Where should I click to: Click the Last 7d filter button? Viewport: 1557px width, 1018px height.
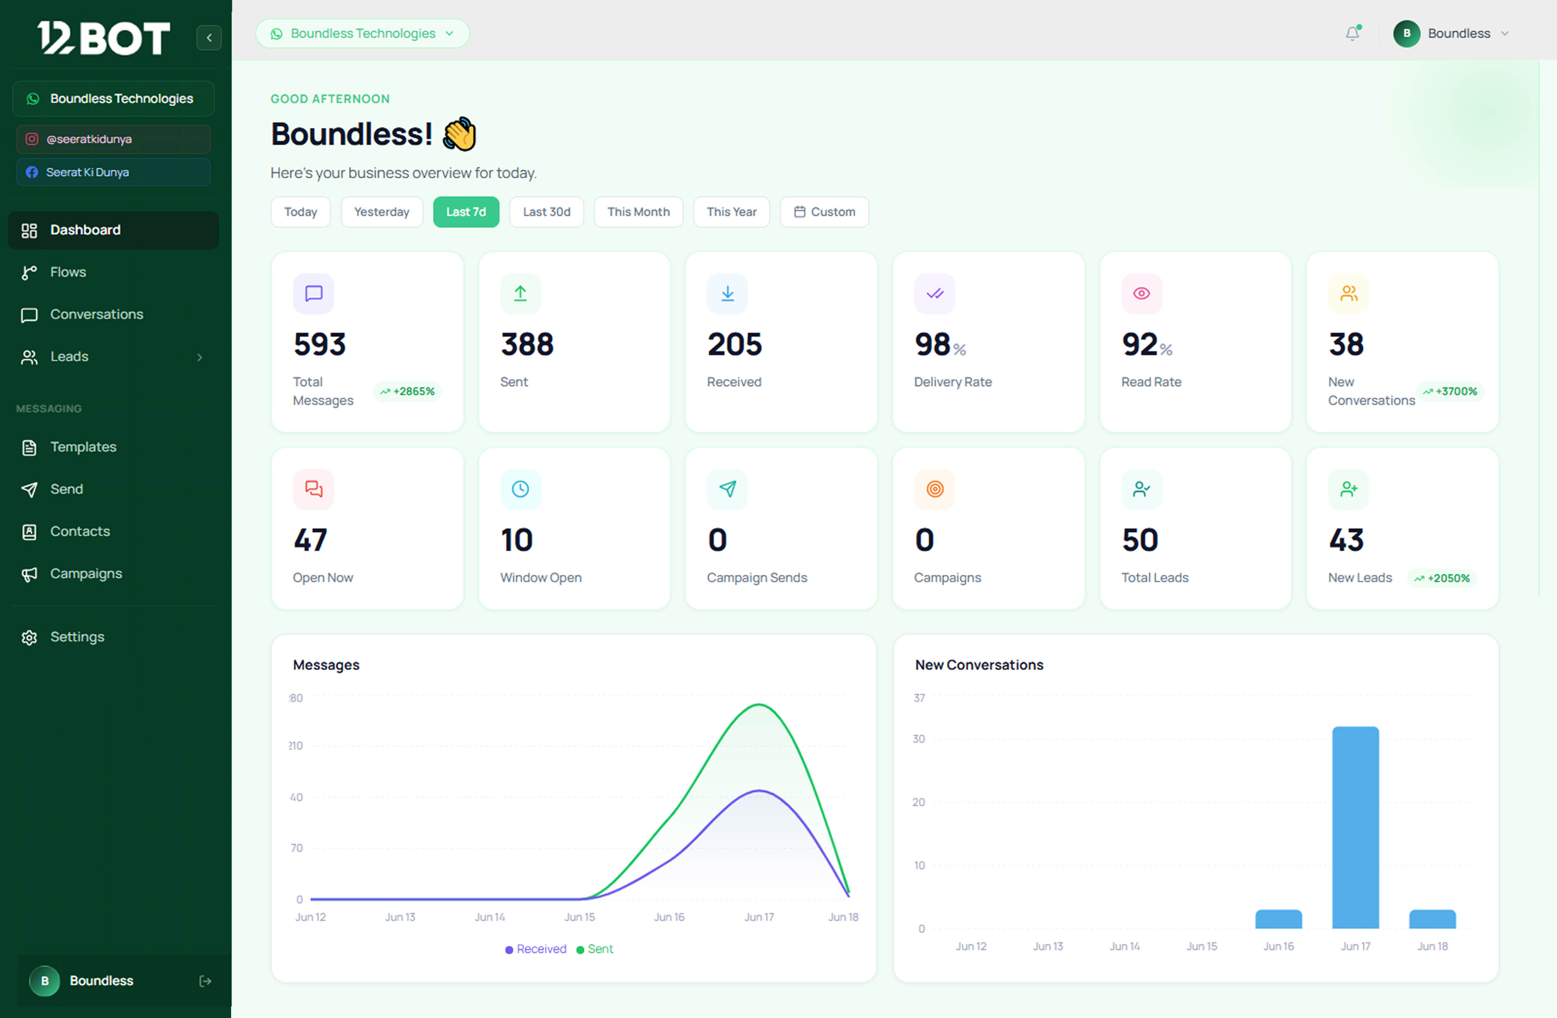(466, 212)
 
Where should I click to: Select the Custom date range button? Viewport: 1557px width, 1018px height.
(824, 212)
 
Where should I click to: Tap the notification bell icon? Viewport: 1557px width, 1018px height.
(1352, 33)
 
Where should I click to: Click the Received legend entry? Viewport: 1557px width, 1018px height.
(536, 949)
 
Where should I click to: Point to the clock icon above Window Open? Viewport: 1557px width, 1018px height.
(520, 489)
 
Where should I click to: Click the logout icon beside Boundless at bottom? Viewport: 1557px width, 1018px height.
(205, 981)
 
